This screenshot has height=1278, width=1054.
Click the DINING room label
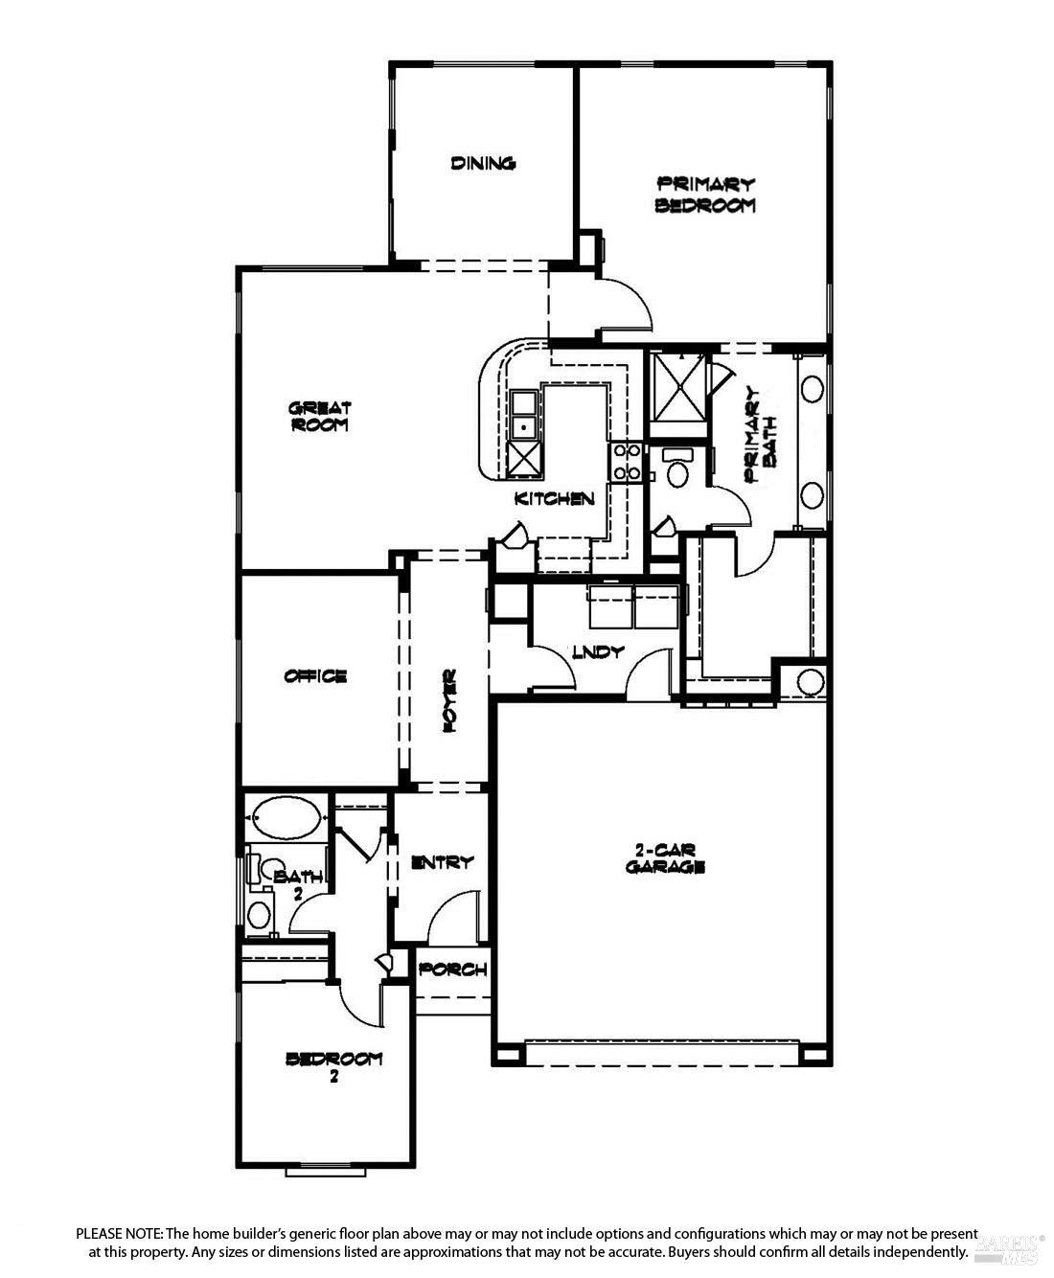tap(483, 163)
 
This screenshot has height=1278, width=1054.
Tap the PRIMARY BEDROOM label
tap(705, 194)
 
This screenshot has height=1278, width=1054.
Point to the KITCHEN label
tap(555, 498)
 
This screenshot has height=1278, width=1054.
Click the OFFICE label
tap(315, 676)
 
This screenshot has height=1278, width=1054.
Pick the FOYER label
tap(447, 701)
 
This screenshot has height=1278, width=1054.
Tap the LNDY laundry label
tap(599, 651)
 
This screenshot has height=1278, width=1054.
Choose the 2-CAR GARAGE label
tap(665, 858)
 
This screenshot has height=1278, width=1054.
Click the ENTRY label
tap(442, 862)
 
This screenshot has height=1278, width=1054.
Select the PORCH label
tap(453, 970)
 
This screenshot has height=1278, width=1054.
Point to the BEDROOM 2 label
tap(334, 1065)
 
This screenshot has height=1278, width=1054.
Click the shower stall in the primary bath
tap(679, 387)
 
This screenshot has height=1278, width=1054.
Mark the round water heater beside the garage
tap(810, 682)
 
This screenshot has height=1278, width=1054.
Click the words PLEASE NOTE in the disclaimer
tap(120, 1233)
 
